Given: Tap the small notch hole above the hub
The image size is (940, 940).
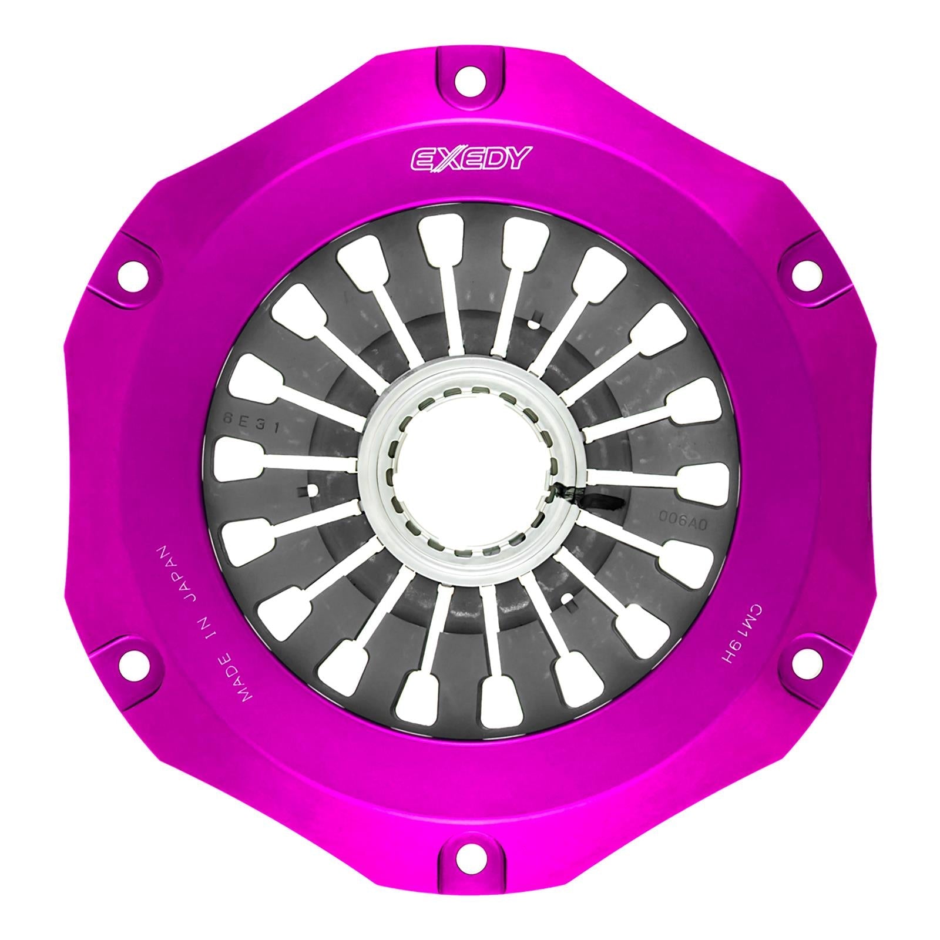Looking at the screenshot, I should click(x=535, y=324).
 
